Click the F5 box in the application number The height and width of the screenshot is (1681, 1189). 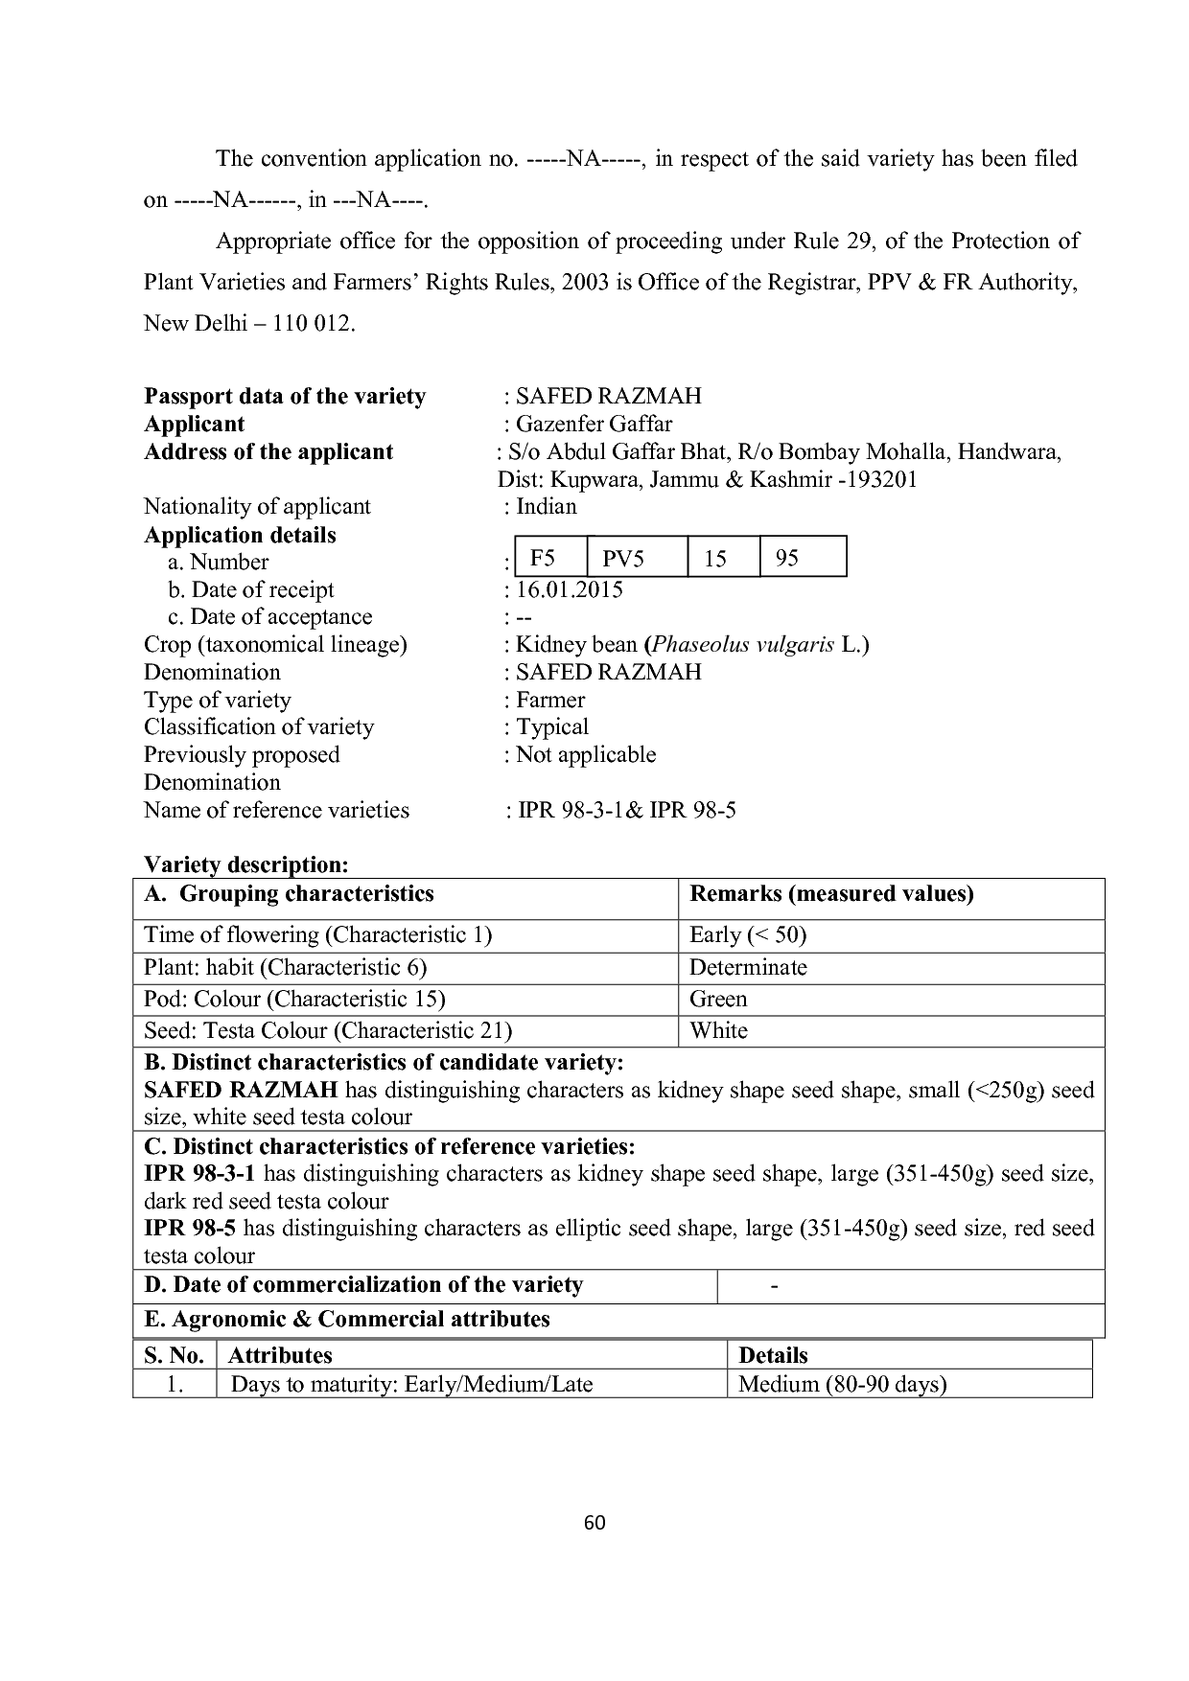(550, 557)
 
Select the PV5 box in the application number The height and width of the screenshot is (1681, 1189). (637, 557)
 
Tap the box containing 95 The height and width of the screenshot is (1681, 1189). (803, 557)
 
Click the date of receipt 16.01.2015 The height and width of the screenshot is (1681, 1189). (569, 589)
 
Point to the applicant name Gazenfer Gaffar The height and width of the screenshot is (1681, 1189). (594, 424)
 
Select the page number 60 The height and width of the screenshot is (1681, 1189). (594, 1523)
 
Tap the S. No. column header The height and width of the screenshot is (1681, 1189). (174, 1355)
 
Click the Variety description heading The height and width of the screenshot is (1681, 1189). (245, 864)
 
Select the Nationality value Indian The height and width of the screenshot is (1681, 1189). (547, 506)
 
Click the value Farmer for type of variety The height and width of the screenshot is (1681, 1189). (550, 700)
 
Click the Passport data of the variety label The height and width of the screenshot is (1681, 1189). (285, 396)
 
